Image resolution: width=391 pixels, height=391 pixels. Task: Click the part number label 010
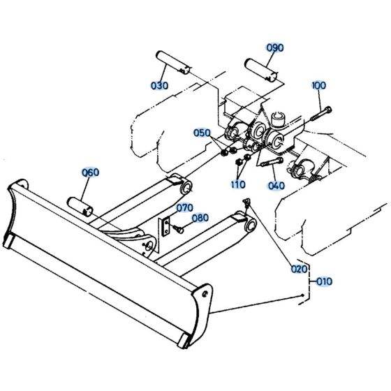coord(324,282)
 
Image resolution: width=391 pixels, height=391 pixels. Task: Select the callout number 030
coord(160,85)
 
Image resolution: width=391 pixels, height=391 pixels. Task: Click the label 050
coord(202,133)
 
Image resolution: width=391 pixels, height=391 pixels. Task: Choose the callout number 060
coord(91,172)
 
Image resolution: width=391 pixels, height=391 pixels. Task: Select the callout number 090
coord(274,47)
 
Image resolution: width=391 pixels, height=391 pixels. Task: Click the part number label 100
coord(318,85)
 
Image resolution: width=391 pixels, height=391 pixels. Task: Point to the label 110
coord(238,185)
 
